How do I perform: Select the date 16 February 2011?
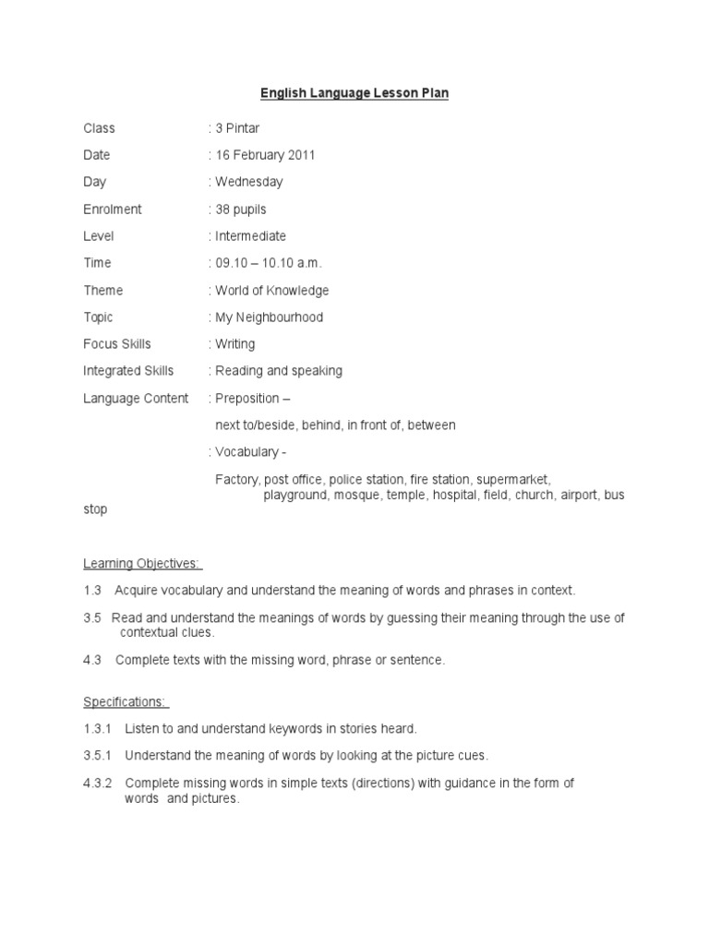tap(265, 155)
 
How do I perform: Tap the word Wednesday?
tap(248, 182)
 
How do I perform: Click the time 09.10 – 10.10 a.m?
tap(269, 263)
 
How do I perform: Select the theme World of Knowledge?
tap(271, 291)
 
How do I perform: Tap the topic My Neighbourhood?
tap(269, 317)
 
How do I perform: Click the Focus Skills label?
tap(117, 344)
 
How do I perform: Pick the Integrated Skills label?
tap(128, 371)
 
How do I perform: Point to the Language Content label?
tap(136, 399)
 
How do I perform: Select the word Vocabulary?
tap(246, 452)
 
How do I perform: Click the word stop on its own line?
tap(95, 509)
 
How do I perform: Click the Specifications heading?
tap(126, 702)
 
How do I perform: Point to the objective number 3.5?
tap(92, 617)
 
